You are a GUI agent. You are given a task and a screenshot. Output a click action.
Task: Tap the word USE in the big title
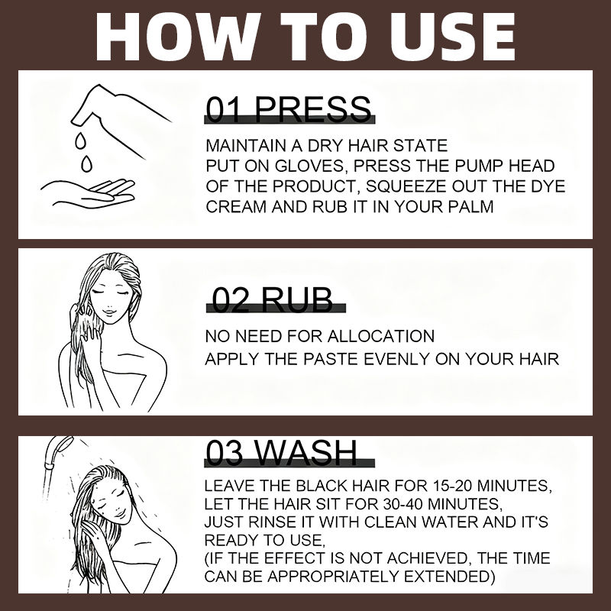pyautogui.click(x=445, y=36)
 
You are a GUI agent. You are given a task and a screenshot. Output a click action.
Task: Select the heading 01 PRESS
pyautogui.click(x=289, y=108)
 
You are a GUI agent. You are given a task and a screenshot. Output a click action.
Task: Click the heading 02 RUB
pyautogui.click(x=273, y=299)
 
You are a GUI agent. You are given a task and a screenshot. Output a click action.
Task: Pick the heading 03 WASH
pyautogui.click(x=281, y=452)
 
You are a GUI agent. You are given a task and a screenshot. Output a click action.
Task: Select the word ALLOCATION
pyautogui.click(x=380, y=336)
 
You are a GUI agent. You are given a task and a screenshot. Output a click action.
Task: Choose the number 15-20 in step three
pyautogui.click(x=452, y=486)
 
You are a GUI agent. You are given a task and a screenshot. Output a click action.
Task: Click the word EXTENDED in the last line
pyautogui.click(x=449, y=577)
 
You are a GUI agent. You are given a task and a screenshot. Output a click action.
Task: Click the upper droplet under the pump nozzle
pyautogui.click(x=80, y=141)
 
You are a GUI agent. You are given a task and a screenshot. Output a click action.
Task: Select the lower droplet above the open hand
pyautogui.click(x=86, y=163)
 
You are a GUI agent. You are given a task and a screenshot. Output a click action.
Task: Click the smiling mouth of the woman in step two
pyautogui.click(x=109, y=311)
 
